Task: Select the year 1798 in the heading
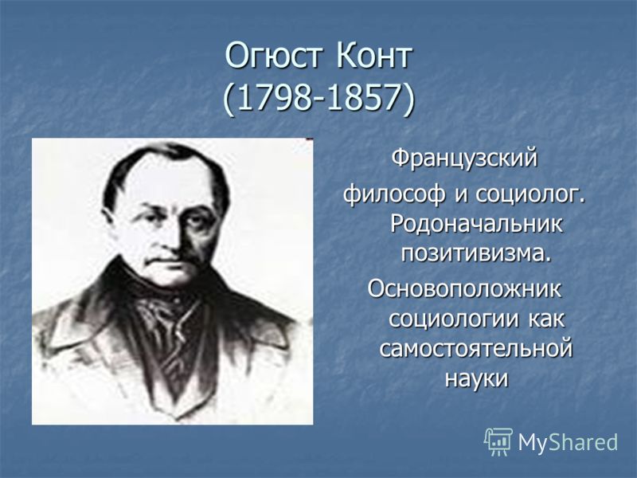click(x=276, y=97)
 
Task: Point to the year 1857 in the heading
click(x=365, y=97)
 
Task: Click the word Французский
click(x=464, y=159)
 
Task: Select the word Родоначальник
click(x=476, y=223)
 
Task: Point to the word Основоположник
click(x=464, y=289)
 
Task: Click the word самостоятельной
click(x=475, y=348)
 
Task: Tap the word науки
click(x=476, y=378)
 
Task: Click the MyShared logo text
click(x=568, y=442)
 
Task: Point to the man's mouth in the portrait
click(x=166, y=260)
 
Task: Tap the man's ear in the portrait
click(x=110, y=221)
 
